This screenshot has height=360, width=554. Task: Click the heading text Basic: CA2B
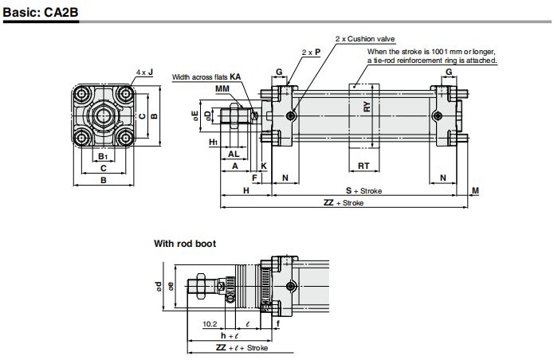click(x=41, y=13)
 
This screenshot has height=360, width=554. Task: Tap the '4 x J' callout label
click(x=145, y=72)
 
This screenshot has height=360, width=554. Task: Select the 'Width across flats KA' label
click(x=206, y=77)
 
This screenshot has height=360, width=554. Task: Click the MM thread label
click(x=222, y=88)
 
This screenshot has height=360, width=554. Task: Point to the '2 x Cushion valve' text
click(x=365, y=39)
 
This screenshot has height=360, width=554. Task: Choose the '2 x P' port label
click(x=311, y=53)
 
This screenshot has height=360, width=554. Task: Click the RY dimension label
click(x=367, y=107)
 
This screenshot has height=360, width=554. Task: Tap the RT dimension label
click(x=363, y=166)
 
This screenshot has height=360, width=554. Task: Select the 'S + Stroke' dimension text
click(x=363, y=190)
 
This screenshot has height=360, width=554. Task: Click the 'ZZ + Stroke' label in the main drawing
click(x=343, y=202)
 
